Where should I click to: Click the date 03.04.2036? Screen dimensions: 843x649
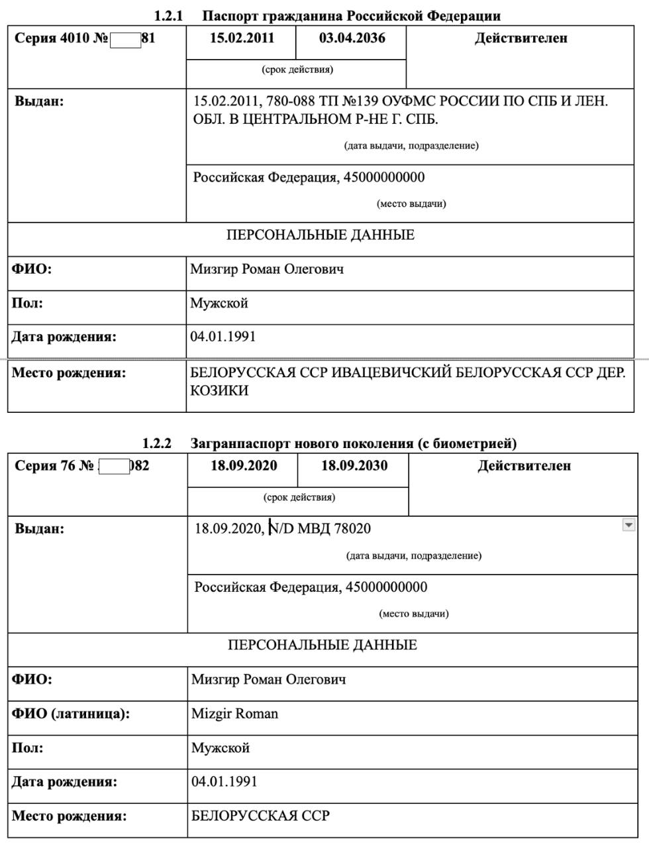point(352,38)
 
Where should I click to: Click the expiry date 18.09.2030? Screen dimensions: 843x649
point(354,465)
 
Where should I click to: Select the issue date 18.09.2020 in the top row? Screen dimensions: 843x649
point(244,465)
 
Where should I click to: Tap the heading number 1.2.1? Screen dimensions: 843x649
point(168,16)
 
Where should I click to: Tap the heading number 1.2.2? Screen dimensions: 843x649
point(157,443)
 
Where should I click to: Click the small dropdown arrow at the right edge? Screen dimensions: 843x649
point(628,525)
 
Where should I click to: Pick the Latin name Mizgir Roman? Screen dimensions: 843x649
point(234,714)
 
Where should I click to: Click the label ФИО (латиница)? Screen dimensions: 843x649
point(71,714)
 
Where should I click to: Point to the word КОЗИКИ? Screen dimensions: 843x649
point(219,390)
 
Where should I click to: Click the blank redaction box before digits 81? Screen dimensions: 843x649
point(126,39)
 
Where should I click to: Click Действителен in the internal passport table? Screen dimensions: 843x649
point(521,38)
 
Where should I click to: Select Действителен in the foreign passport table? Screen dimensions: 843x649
point(524,465)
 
